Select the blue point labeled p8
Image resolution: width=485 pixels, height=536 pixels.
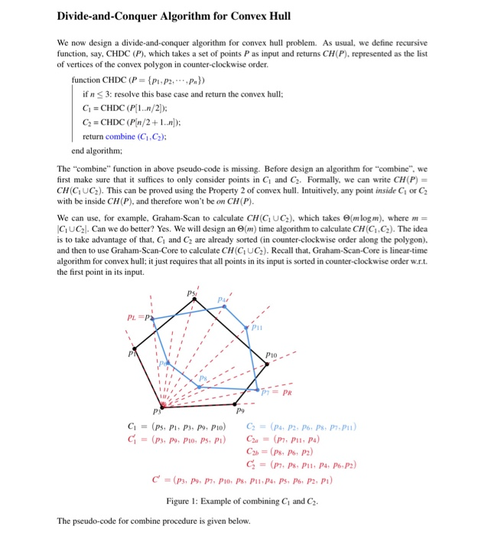pyautogui.click(x=199, y=387)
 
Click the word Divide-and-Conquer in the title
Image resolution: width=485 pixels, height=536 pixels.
pyautogui.click(x=112, y=16)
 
